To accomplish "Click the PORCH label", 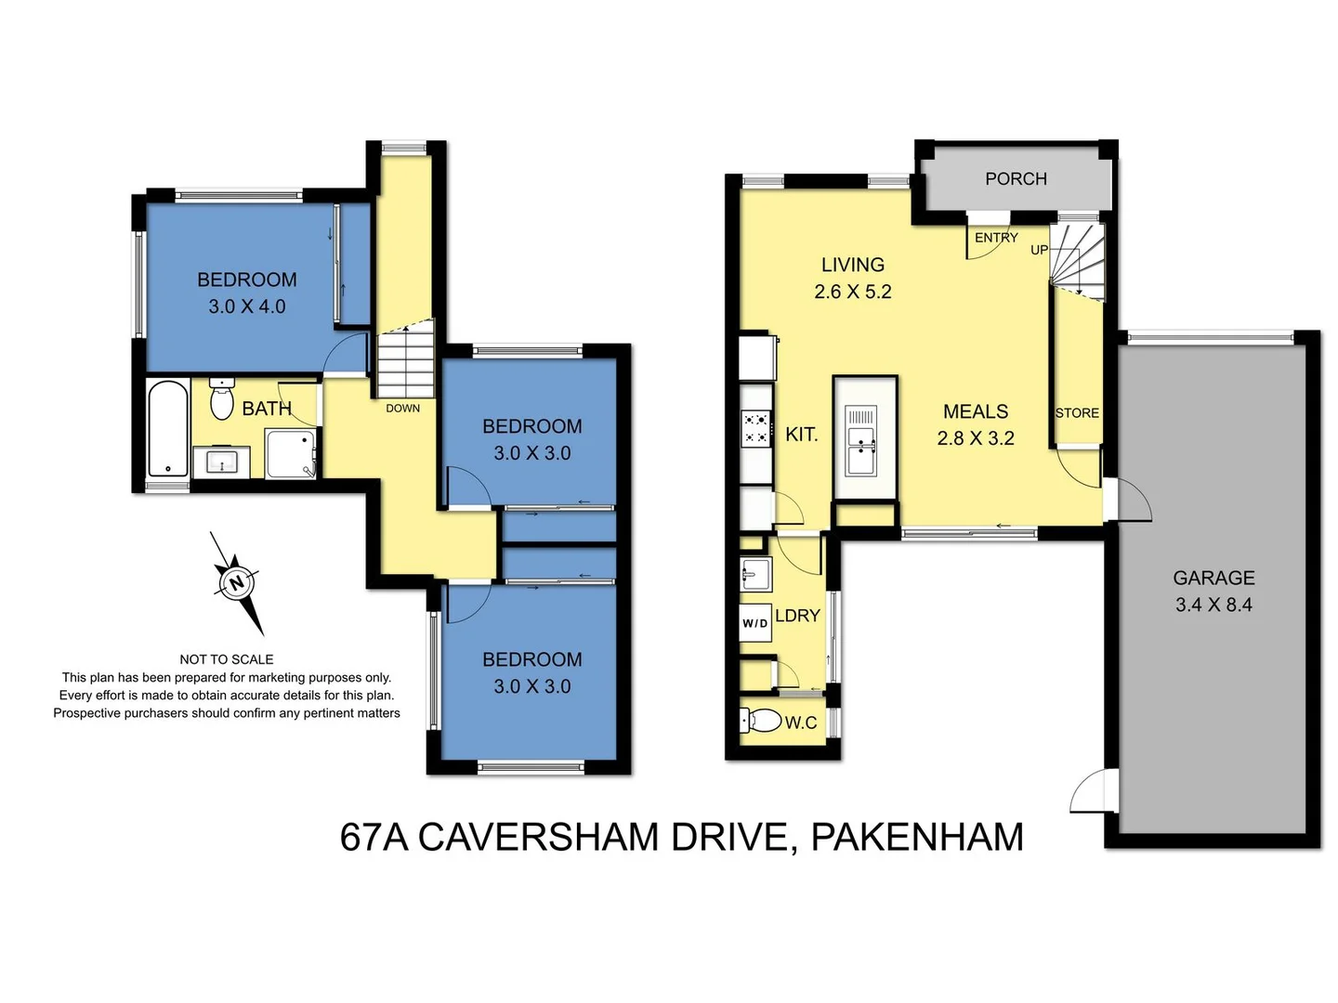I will pyautogui.click(x=1016, y=178).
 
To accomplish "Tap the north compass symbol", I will pyautogui.click(x=236, y=583).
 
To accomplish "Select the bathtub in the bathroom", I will pyautogui.click(x=168, y=429).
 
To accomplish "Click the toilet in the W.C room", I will pyautogui.click(x=762, y=720).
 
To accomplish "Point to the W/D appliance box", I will pyautogui.click(x=754, y=622).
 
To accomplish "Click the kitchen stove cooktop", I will pyautogui.click(x=755, y=428).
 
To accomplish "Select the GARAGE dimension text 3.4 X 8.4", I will pyautogui.click(x=1213, y=605).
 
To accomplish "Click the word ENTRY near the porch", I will pyautogui.click(x=996, y=238).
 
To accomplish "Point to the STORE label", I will pyautogui.click(x=1077, y=413).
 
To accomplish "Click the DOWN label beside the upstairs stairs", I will pyautogui.click(x=402, y=408).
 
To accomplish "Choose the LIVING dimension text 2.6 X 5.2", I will pyautogui.click(x=852, y=292).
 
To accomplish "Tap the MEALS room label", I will pyautogui.click(x=976, y=411).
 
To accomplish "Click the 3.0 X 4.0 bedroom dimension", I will pyautogui.click(x=246, y=306).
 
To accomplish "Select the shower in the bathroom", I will pyautogui.click(x=290, y=453).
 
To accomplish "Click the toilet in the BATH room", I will pyautogui.click(x=222, y=400).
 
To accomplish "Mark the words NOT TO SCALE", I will pyautogui.click(x=227, y=659).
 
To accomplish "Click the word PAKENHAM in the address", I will pyautogui.click(x=917, y=837).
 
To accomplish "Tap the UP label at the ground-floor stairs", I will pyautogui.click(x=1039, y=250).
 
